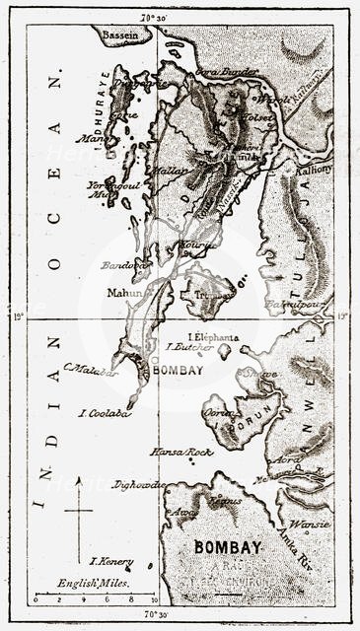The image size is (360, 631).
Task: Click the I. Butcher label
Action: (x=183, y=348)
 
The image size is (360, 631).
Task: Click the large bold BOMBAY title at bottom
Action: (x=229, y=546)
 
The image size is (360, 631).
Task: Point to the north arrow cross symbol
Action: (x=78, y=510)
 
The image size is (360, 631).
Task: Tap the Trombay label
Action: (x=215, y=293)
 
